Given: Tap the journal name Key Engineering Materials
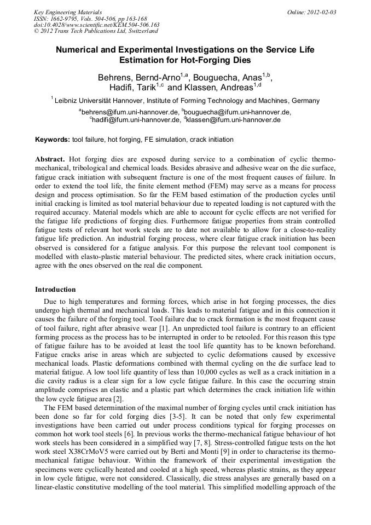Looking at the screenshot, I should click(x=68, y=12).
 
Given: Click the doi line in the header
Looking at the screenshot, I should click(x=96, y=25).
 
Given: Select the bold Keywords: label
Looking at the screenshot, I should click(x=53, y=140).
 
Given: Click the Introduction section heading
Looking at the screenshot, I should click(x=55, y=290).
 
